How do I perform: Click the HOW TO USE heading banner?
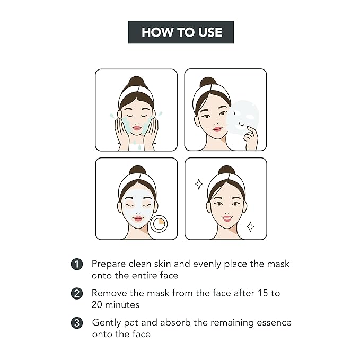(181, 32)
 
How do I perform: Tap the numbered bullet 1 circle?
(77, 264)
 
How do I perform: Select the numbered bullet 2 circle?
(77, 293)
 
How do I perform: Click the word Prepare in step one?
(108, 264)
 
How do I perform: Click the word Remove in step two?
(108, 293)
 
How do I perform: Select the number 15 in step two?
(258, 293)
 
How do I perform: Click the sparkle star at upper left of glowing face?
(199, 184)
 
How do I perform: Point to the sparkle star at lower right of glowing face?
(250, 226)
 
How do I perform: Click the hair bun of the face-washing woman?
(136, 82)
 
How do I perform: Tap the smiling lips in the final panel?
(226, 218)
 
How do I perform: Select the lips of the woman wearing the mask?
(137, 218)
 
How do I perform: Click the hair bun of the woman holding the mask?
(207, 83)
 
